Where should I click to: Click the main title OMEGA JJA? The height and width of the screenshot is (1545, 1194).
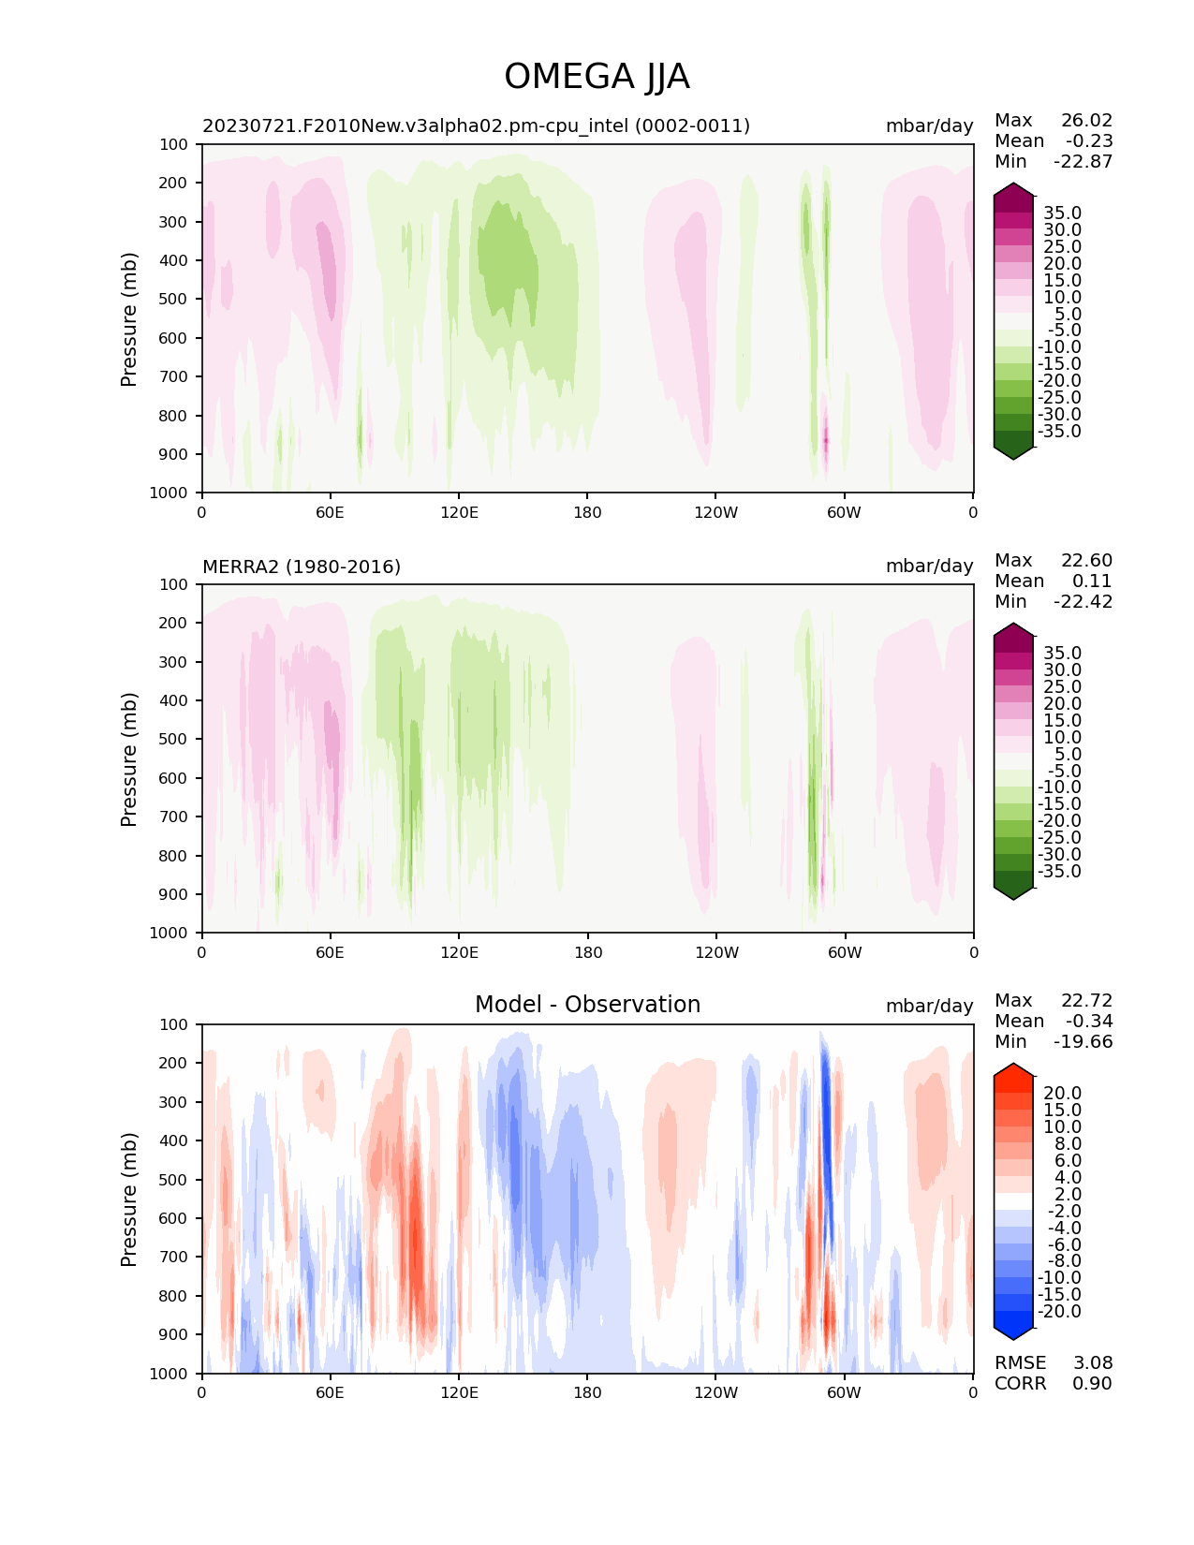[x=597, y=77]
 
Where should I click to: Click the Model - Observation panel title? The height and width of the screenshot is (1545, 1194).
[x=587, y=1005]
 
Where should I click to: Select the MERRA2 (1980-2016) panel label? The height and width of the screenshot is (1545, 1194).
[x=302, y=566]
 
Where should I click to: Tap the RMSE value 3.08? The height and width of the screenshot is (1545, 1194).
[x=1092, y=1363]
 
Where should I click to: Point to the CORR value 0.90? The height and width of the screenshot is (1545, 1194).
[x=1092, y=1384]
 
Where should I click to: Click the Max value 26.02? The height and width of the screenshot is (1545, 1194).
[x=1086, y=121]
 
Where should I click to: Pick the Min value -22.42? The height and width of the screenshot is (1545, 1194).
[x=1083, y=602]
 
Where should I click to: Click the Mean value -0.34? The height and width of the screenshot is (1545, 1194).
[x=1088, y=1022]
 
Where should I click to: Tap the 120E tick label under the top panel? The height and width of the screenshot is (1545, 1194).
[x=459, y=512]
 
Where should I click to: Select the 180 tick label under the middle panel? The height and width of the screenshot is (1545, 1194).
[x=587, y=952]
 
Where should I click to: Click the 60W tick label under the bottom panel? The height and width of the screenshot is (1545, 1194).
[x=844, y=1392]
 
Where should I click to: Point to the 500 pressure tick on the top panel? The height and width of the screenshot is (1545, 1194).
[x=175, y=300]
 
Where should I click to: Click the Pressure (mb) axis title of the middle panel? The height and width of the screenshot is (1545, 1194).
[x=129, y=759]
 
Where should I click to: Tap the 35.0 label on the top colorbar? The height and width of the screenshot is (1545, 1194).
[x=1062, y=213]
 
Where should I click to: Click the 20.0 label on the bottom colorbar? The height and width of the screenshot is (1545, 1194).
[x=1062, y=1094]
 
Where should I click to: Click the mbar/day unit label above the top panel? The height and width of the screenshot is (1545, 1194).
[x=929, y=126]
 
